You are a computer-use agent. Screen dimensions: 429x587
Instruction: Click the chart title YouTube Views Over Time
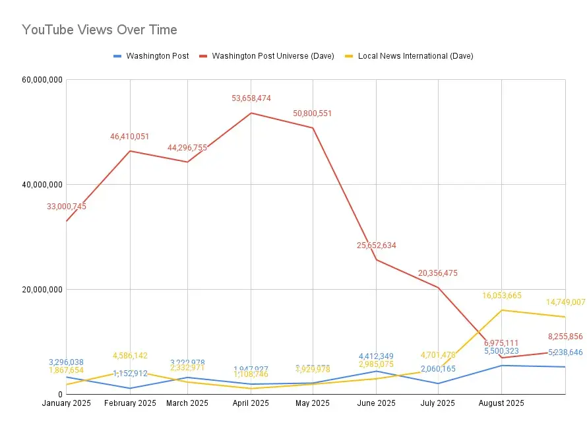100,30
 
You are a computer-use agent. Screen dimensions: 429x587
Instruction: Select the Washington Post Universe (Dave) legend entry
272,56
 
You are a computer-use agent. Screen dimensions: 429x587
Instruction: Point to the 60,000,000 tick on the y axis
42,80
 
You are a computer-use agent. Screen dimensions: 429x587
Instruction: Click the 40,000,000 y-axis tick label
42,185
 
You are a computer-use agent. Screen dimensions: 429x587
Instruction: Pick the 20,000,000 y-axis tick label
42,290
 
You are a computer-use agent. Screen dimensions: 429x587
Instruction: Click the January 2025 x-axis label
67,403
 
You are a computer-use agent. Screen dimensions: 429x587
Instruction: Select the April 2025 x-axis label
251,403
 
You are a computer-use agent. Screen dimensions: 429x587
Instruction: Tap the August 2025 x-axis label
501,403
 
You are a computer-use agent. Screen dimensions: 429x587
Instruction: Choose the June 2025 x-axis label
377,403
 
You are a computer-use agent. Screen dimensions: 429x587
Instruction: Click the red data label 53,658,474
251,98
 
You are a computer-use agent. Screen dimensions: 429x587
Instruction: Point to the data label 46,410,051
129,137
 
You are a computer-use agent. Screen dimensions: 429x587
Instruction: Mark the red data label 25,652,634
377,246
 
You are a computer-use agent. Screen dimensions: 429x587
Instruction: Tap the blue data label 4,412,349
376,356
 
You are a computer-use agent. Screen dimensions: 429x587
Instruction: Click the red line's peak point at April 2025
251,113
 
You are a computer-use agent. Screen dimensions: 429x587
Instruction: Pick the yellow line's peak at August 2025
503,310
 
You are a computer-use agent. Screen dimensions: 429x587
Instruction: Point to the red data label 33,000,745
67,207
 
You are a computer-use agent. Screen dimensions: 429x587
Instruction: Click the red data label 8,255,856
565,336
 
